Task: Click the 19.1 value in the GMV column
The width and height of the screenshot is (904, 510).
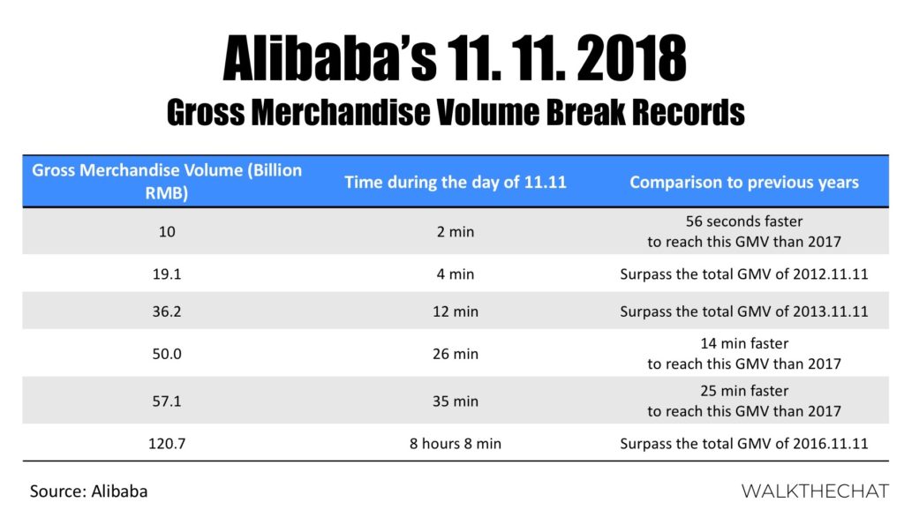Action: click(167, 274)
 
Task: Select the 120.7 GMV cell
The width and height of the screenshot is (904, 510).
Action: click(167, 444)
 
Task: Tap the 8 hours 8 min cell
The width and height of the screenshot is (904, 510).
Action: click(456, 444)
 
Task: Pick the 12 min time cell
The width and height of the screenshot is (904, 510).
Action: click(456, 311)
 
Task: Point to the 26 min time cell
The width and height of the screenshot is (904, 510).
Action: click(456, 354)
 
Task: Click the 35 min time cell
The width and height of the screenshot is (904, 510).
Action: click(456, 401)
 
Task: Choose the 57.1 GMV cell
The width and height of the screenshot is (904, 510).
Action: click(167, 401)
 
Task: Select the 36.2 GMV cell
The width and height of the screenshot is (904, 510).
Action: click(167, 311)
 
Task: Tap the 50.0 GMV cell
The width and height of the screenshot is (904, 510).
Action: click(167, 354)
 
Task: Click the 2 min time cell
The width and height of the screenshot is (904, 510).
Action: click(456, 232)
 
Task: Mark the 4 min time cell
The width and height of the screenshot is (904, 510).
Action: click(456, 274)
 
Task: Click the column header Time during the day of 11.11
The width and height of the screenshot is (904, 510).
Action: click(456, 182)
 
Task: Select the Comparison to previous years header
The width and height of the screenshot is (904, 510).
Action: click(744, 182)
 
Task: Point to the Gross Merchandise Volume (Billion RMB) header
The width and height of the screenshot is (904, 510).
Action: click(167, 182)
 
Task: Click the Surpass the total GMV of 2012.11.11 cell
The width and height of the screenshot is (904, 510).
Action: click(744, 274)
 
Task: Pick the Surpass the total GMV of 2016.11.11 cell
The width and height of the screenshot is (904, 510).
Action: click(744, 444)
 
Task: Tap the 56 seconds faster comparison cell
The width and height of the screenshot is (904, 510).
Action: click(744, 232)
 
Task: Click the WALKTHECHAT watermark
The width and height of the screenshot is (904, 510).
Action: click(815, 491)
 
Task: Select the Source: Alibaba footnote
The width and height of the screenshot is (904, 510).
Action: click(89, 491)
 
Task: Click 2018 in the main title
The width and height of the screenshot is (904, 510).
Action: click(630, 57)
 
